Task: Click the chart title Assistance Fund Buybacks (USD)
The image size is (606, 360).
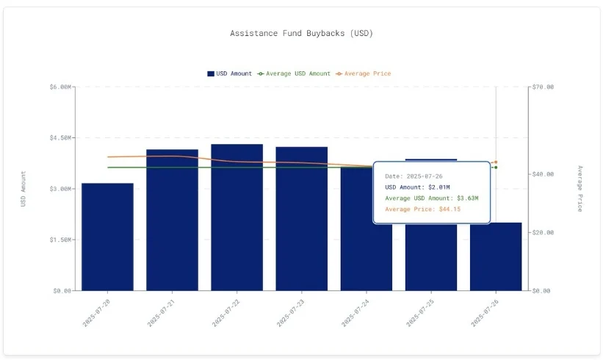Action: pyautogui.click(x=302, y=33)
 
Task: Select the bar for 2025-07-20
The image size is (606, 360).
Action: pyautogui.click(x=107, y=237)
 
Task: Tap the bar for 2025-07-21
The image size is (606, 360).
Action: pyautogui.click(x=172, y=220)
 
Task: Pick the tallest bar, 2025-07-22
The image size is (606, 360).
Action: pyautogui.click(x=237, y=217)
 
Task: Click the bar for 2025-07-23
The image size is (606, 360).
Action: pyautogui.click(x=301, y=219)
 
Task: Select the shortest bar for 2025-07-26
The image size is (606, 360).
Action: pyautogui.click(x=496, y=256)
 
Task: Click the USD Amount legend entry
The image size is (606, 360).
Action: pyautogui.click(x=230, y=73)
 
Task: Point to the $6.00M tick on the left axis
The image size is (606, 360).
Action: pyautogui.click(x=60, y=87)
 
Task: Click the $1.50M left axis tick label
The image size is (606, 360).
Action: pyautogui.click(x=60, y=240)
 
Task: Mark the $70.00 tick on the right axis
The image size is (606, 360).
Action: pyautogui.click(x=544, y=87)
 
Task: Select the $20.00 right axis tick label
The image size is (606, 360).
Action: pyautogui.click(x=544, y=232)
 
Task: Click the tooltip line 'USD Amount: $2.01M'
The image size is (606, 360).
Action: pyautogui.click(x=418, y=187)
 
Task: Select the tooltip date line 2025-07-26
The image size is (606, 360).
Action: pyautogui.click(x=414, y=176)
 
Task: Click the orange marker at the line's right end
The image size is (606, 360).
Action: pyautogui.click(x=496, y=162)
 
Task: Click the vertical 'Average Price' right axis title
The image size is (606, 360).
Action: pyautogui.click(x=579, y=189)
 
